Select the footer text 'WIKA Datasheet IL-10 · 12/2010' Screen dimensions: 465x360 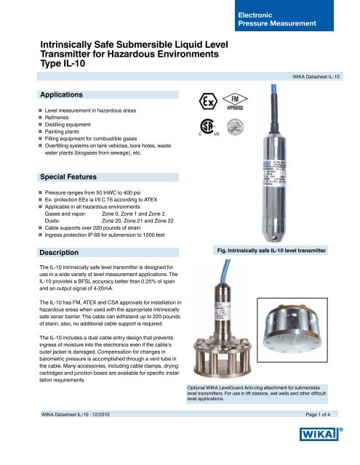tap(81, 414)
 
